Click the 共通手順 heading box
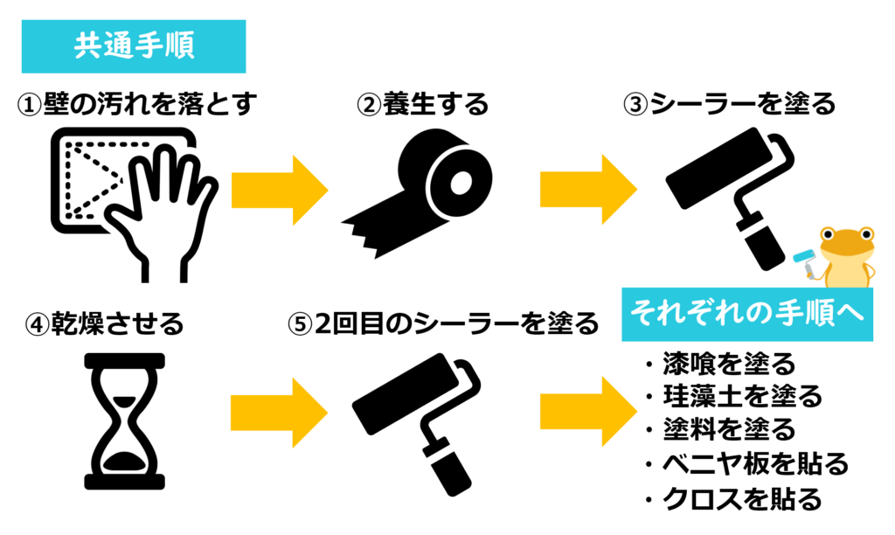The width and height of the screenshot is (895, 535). click(135, 46)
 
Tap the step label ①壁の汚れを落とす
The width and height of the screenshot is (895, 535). click(139, 105)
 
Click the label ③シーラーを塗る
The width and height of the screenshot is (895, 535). click(729, 105)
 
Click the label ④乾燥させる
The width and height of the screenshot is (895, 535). click(106, 324)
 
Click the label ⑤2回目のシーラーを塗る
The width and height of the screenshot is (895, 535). click(445, 324)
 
